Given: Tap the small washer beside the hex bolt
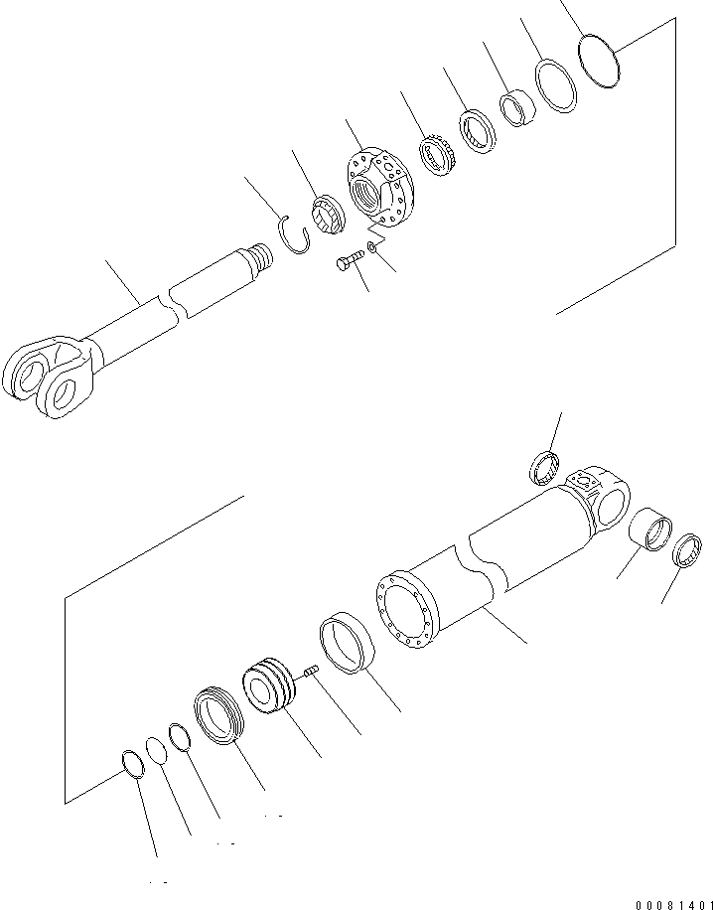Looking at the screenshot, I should [x=370, y=246].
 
